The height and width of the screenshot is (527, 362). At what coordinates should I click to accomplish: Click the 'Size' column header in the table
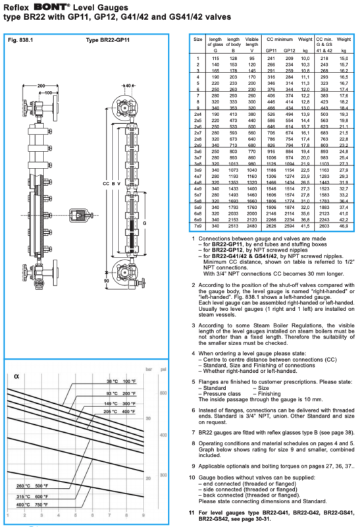[197, 40]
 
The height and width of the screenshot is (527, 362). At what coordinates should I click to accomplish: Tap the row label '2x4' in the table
[197, 113]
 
